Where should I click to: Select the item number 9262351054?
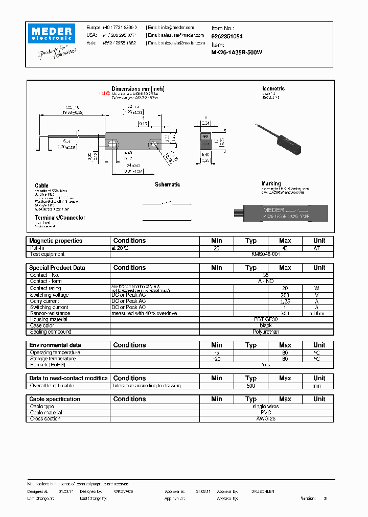[227, 37]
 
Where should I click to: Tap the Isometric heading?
[273, 89]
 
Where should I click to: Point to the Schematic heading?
[167, 185]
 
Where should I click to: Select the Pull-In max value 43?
[285, 248]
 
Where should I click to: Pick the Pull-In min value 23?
[216, 248]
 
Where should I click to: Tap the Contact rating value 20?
[285, 288]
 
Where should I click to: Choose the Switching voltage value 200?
[285, 295]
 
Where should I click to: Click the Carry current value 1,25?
[285, 301]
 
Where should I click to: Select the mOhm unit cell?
[319, 314]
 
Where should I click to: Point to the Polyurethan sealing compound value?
[265, 332]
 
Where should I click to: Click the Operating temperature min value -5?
[216, 353]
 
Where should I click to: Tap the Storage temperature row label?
[53, 359]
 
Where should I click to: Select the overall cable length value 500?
[250, 386]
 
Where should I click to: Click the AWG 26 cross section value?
[265, 419]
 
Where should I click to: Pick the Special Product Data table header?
[57, 268]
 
